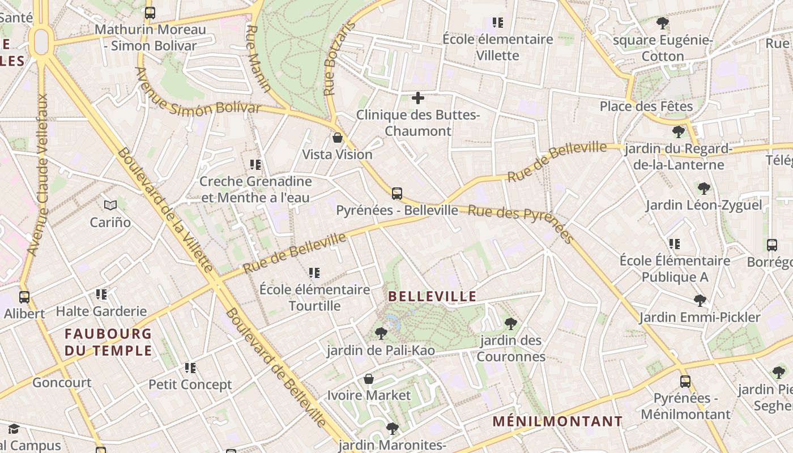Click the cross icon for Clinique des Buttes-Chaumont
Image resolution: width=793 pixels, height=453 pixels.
pos(418,98)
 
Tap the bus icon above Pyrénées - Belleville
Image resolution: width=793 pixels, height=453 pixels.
pos(397,194)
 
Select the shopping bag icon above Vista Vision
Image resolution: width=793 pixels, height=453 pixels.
pos(338,138)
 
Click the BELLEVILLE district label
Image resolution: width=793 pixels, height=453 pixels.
pos(432,296)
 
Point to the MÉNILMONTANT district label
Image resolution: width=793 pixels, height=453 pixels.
pos(557,421)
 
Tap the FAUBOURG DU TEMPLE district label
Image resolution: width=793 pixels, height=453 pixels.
pos(108,342)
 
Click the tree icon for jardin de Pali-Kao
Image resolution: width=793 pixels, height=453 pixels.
pos(381,334)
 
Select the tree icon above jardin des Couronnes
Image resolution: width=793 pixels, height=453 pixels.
pos(511,324)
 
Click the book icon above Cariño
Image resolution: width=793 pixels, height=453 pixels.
pos(110,205)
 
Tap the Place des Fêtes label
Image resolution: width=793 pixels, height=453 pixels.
pos(646,106)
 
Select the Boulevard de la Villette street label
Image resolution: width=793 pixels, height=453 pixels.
pos(165,209)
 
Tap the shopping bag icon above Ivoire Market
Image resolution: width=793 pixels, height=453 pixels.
pos(369,378)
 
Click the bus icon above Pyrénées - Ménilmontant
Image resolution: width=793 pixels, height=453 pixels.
pos(685,382)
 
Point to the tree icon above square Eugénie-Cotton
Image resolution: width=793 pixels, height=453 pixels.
pos(662,23)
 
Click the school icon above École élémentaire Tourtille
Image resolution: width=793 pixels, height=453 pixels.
pos(314,273)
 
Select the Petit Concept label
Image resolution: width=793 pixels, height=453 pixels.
pos(190,384)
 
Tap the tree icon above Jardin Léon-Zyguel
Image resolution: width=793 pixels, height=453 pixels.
pos(704,189)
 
